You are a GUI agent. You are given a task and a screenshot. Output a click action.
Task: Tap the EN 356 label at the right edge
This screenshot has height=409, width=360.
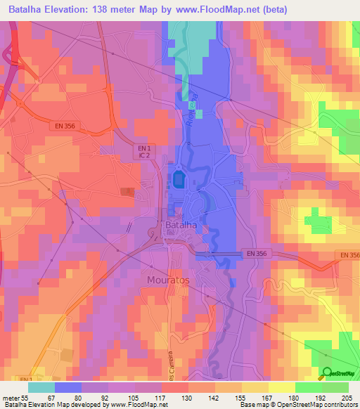349,255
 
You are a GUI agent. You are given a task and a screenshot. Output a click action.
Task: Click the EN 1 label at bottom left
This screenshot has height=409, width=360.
25,379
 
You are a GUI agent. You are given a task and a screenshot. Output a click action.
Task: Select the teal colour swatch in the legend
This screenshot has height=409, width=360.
41,387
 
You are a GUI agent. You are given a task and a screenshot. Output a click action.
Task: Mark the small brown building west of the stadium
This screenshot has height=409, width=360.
127,191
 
